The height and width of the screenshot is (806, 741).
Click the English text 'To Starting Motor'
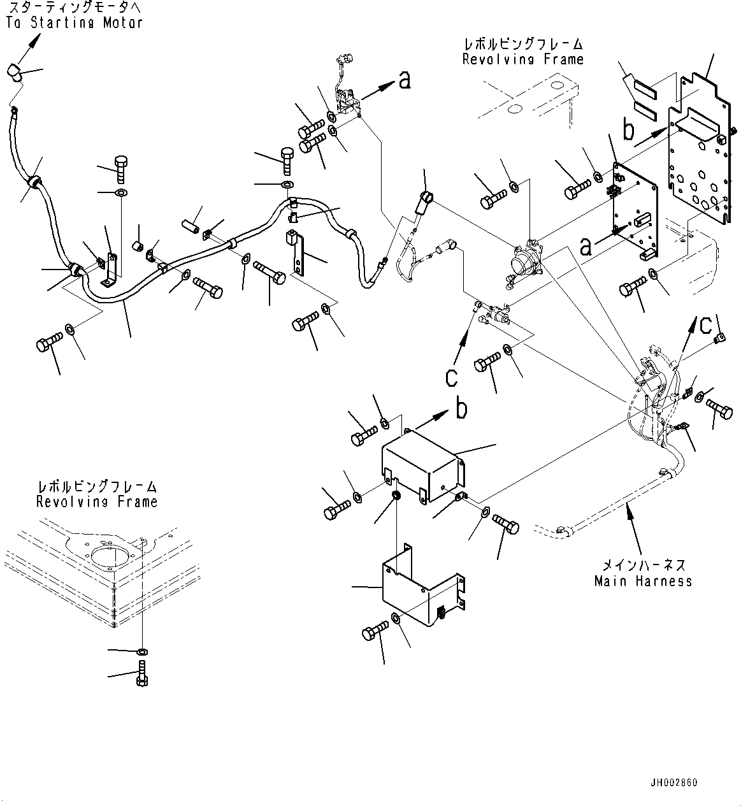coord(74,22)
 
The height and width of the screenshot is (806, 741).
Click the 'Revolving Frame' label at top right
coord(522,59)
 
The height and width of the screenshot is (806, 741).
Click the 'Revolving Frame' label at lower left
coord(96,501)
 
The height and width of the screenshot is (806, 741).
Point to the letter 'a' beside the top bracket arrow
coord(404,80)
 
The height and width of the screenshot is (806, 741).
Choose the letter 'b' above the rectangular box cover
coord(461,408)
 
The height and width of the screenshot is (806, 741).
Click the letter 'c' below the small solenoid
coord(451,377)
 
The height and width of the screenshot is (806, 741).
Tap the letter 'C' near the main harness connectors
coord(706,325)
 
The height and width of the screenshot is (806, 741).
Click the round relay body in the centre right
coord(526,261)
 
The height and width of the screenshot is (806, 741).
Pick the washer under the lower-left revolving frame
coord(141,651)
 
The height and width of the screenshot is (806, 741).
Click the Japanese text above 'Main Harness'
coord(644,565)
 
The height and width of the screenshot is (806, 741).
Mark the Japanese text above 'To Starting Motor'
coord(74,8)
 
